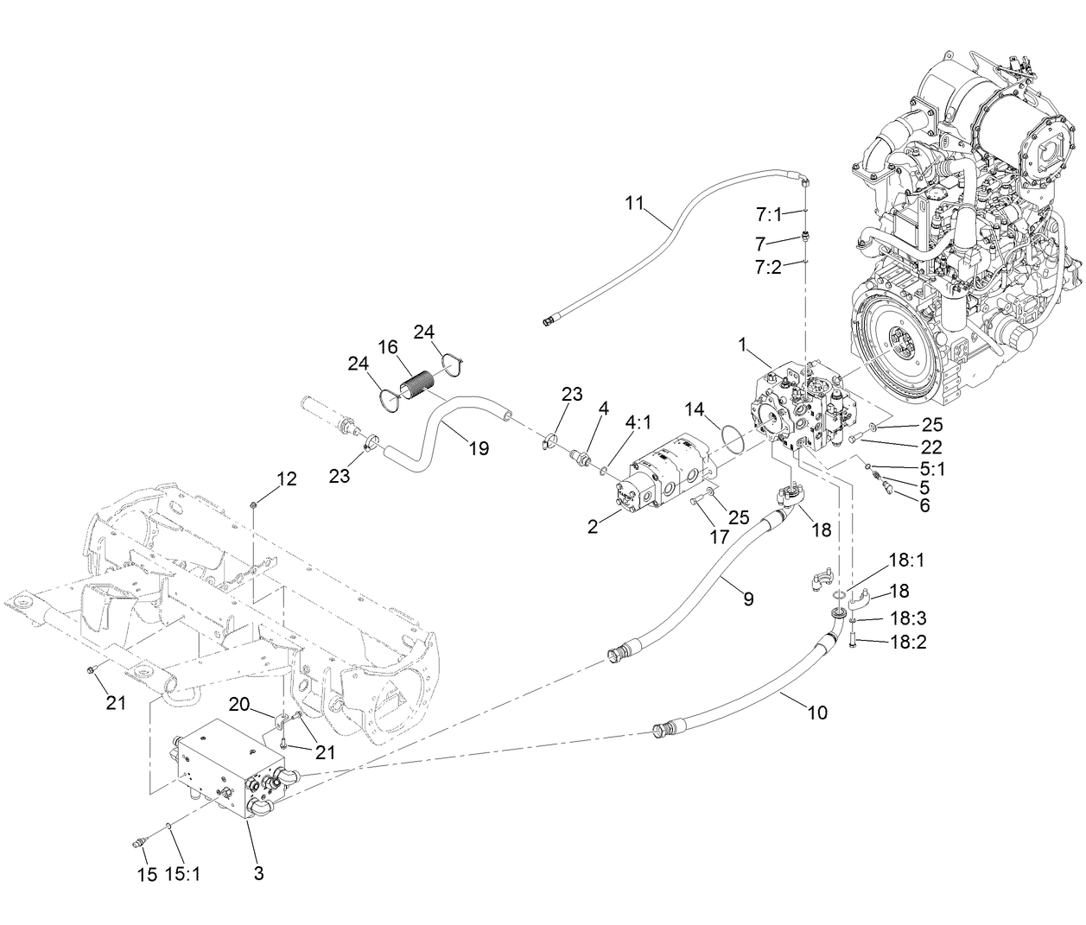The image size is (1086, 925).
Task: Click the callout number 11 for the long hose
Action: pyautogui.click(x=634, y=204)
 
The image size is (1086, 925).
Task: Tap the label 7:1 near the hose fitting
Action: pyautogui.click(x=767, y=213)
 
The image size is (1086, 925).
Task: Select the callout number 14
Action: pyautogui.click(x=696, y=409)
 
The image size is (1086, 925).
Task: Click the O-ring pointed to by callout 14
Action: pyautogui.click(x=732, y=437)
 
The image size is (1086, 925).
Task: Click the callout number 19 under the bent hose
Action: pyautogui.click(x=478, y=448)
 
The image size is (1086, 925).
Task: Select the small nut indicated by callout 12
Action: pyautogui.click(x=252, y=504)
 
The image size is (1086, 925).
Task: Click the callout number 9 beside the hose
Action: pyautogui.click(x=748, y=599)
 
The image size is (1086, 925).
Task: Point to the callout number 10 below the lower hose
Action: pyautogui.click(x=816, y=713)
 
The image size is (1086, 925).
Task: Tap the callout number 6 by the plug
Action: pyautogui.click(x=924, y=505)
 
